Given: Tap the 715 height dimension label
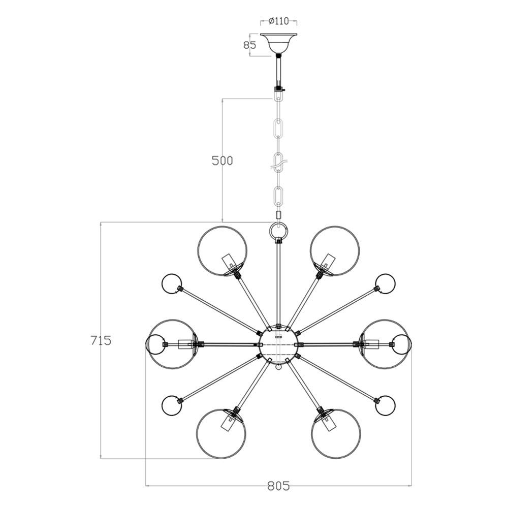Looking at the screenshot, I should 101,340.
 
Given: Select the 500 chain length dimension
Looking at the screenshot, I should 222,161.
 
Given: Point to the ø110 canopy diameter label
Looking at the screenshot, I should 278,21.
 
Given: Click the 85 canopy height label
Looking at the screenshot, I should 249,45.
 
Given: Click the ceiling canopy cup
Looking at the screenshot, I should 278,43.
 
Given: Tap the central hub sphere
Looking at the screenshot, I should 278,344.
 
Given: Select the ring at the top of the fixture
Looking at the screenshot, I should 278,232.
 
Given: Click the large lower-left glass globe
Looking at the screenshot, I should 221,433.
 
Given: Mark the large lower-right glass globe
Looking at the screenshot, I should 336,433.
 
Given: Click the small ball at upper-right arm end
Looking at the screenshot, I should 386,283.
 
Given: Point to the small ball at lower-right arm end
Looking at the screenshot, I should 386,405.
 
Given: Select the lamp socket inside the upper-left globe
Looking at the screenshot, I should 230,262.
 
